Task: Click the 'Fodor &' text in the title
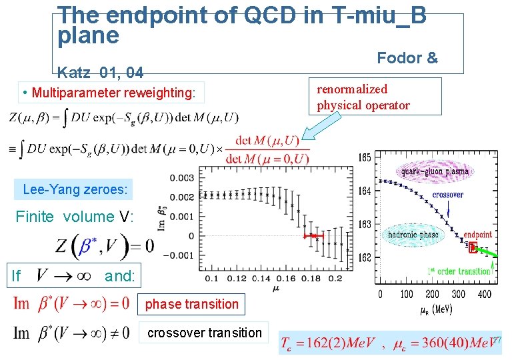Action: tap(407, 58)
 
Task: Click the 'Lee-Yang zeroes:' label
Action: tap(75, 189)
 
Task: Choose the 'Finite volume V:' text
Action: tap(74, 217)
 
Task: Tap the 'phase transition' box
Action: tap(191, 304)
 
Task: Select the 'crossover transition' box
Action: tap(204, 333)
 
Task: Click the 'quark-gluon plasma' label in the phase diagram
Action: tap(435, 171)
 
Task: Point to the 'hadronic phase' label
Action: tap(413, 235)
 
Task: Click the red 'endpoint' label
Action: tap(479, 235)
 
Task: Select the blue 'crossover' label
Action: tap(448, 195)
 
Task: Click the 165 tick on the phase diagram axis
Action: tap(365, 158)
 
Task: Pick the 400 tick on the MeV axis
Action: tap(485, 294)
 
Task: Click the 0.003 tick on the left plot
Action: tap(183, 178)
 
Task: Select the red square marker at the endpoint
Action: tap(473, 249)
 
